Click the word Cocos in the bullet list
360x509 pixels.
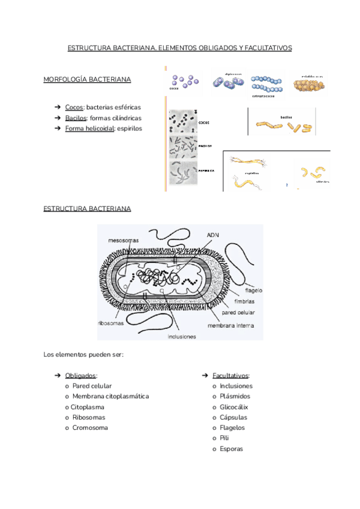click(x=74, y=107)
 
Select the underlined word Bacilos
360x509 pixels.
click(x=76, y=118)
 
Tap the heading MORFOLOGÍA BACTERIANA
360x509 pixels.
click(x=88, y=79)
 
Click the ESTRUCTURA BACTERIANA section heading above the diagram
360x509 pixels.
click(x=88, y=208)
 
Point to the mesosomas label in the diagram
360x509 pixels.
click(x=124, y=240)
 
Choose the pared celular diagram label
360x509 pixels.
click(x=239, y=313)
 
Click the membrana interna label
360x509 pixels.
click(x=231, y=325)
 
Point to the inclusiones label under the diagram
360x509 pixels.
click(x=182, y=337)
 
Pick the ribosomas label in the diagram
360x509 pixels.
click(x=110, y=322)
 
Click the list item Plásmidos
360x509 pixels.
click(x=235, y=396)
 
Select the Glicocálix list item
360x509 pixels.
click(x=234, y=407)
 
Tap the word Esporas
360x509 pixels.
click(x=232, y=449)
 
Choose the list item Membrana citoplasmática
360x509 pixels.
click(x=110, y=396)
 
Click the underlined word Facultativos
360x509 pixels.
click(x=230, y=375)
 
